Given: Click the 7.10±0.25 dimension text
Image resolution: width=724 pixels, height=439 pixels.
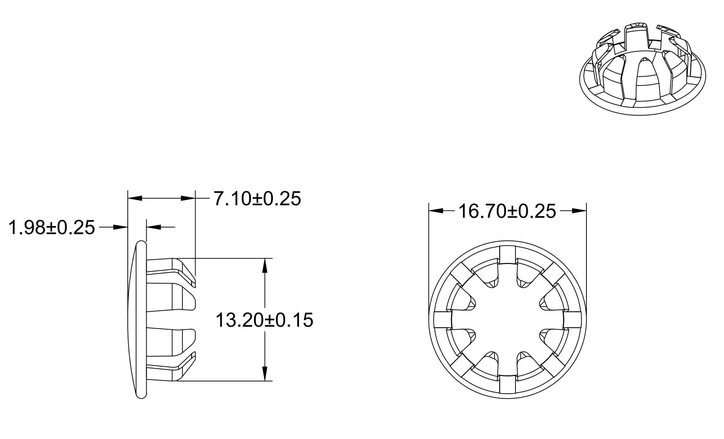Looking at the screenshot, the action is coord(257,198).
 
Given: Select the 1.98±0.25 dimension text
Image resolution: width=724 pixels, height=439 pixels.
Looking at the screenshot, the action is coord(51,228).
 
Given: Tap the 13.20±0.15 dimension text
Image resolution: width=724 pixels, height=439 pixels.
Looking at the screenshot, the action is coord(264,320).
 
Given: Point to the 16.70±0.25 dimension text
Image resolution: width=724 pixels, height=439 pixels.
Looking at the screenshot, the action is coord(507,211).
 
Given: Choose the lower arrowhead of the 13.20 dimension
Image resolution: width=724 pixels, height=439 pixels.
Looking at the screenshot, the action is coord(265,373).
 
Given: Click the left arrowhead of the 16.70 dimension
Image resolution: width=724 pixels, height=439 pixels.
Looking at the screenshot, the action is coord(437,211).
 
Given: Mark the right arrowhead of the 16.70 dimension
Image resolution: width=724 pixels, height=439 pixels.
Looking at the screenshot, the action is coord(578,211).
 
